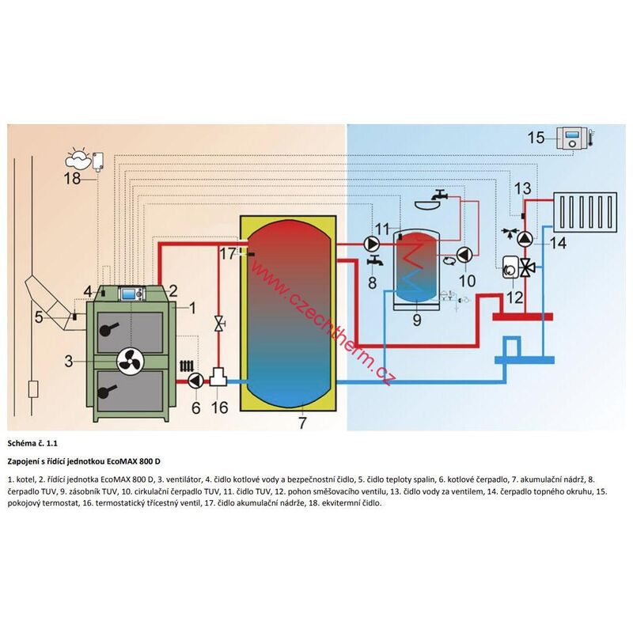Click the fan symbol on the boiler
131,362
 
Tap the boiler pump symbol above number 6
195,381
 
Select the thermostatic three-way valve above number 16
218,377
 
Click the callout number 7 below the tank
302,423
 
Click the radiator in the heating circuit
586,212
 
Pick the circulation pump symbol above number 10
464,255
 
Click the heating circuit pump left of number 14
525,239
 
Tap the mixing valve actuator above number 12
510,267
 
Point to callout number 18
73,178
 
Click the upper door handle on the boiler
108,329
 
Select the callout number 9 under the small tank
417,320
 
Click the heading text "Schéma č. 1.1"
32,443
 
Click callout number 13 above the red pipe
523,188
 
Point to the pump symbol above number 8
372,244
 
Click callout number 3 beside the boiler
69,362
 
